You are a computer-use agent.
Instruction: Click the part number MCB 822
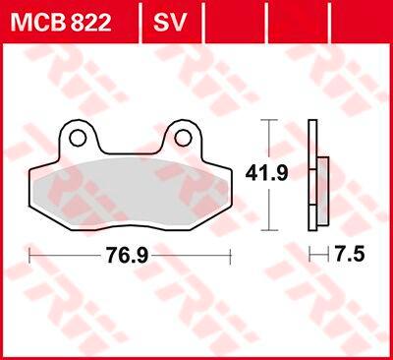(x=61, y=22)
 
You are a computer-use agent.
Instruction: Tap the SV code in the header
(x=169, y=22)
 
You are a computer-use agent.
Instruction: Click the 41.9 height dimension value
(x=267, y=174)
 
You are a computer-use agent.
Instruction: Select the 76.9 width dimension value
(x=127, y=256)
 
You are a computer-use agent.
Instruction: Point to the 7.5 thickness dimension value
(x=350, y=255)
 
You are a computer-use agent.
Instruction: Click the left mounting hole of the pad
(x=78, y=138)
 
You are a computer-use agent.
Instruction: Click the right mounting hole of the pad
(x=183, y=138)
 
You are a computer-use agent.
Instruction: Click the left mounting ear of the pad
(x=79, y=136)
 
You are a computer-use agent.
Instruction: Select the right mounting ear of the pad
(x=183, y=136)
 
